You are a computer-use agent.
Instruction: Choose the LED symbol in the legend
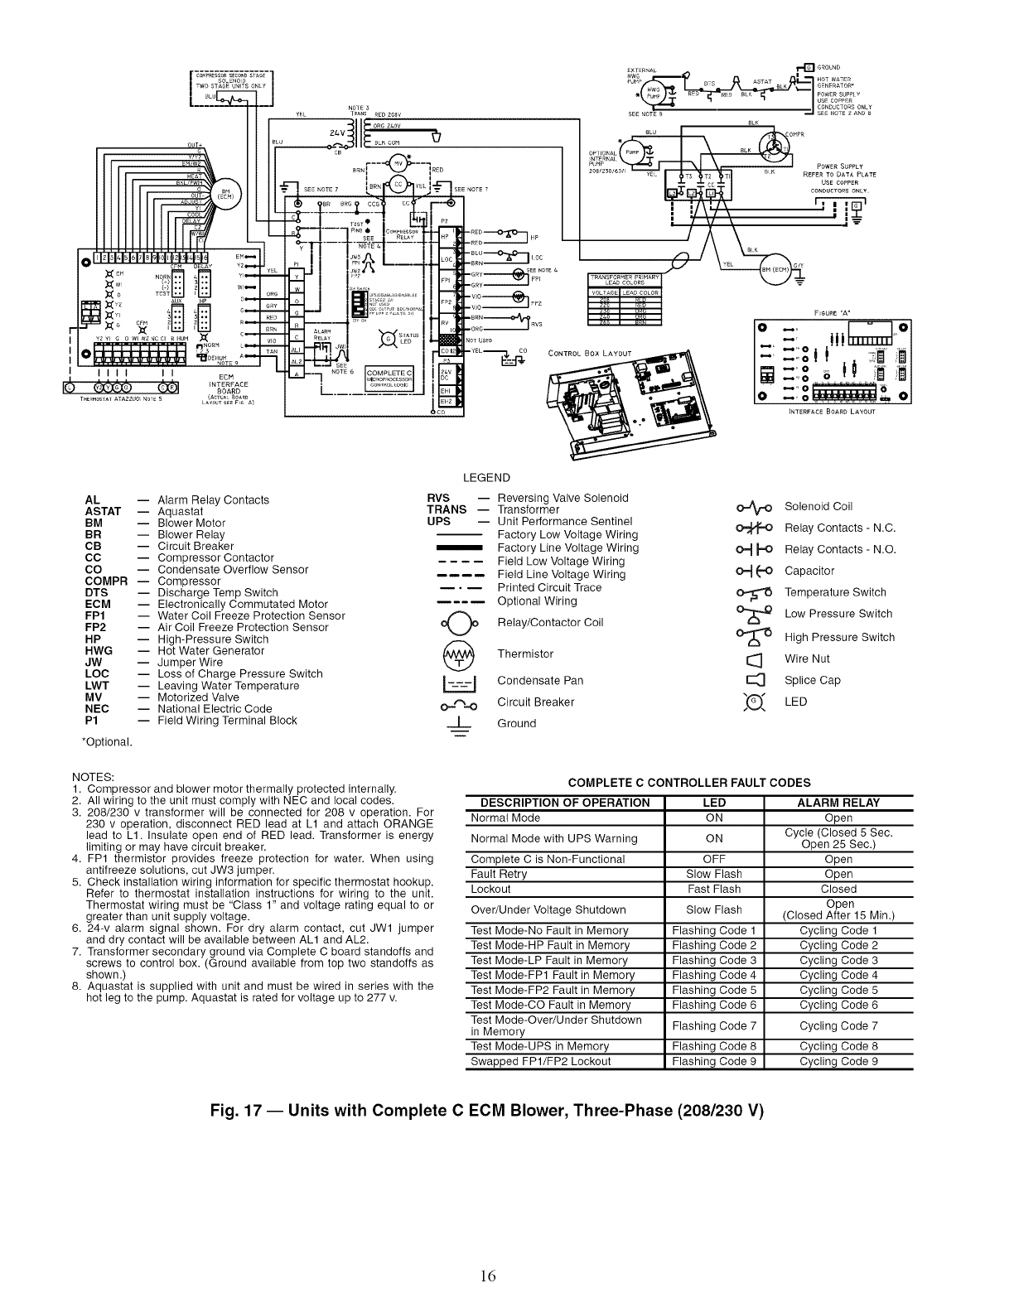click(754, 702)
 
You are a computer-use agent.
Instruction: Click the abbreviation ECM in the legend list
click(99, 605)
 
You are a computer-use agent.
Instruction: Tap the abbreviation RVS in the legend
click(438, 498)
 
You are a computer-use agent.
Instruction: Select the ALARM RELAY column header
click(838, 803)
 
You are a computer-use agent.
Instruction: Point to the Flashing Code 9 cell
click(714, 1061)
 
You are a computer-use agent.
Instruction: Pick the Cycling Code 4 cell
click(838, 975)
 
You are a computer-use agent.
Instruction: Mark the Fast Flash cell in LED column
click(714, 889)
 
